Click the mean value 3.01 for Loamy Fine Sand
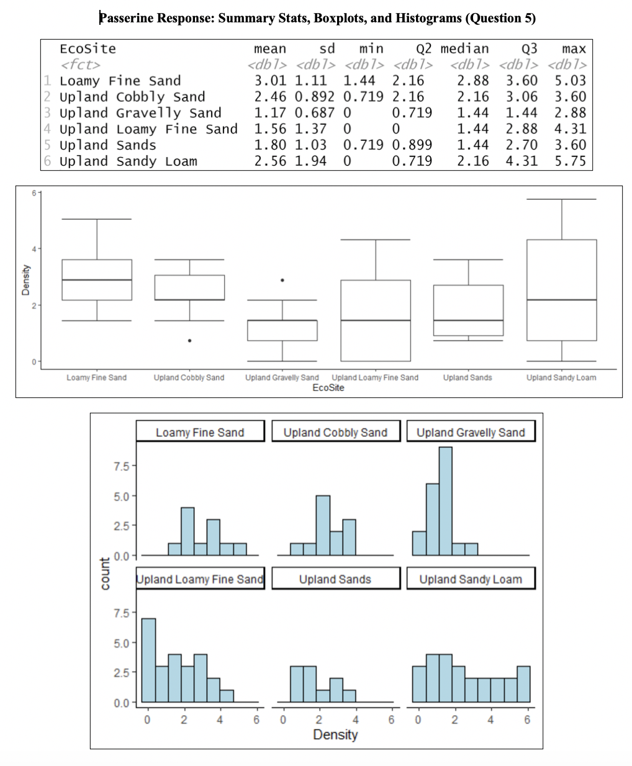point(270,81)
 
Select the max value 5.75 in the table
point(570,161)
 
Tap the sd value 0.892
point(314,97)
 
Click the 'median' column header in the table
point(464,48)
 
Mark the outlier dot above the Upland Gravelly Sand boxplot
point(282,280)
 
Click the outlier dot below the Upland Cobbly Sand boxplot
point(189,340)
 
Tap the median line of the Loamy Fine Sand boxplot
point(97,280)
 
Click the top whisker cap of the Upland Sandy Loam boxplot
point(561,199)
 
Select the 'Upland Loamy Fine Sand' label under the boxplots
point(375,377)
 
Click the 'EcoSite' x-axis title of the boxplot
point(328,388)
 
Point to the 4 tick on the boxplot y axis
point(34,248)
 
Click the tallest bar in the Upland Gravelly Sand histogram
point(445,500)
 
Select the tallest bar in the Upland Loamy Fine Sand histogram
point(148,660)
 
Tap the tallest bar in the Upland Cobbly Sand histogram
point(323,525)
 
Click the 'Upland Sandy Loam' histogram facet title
point(471,579)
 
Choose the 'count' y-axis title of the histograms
point(105,574)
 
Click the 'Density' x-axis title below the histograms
point(335,735)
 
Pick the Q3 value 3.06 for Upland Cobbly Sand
point(521,97)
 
